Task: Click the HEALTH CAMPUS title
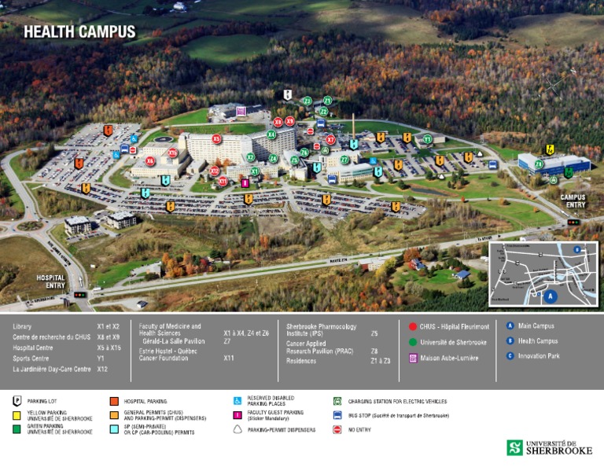79,32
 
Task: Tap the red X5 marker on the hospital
216,138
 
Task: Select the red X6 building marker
150,160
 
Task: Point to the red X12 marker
215,171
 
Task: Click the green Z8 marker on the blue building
539,164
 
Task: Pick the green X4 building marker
271,134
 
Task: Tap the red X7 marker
330,140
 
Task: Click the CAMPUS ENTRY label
573,201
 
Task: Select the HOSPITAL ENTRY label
50,281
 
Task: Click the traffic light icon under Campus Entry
573,222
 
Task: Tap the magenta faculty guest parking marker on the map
245,183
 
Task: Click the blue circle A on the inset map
551,296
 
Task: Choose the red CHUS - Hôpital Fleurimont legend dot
413,326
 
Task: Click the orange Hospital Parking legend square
115,401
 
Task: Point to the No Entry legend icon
337,430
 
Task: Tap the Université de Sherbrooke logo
549,447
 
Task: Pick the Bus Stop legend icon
337,415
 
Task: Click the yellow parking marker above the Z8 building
550,149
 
